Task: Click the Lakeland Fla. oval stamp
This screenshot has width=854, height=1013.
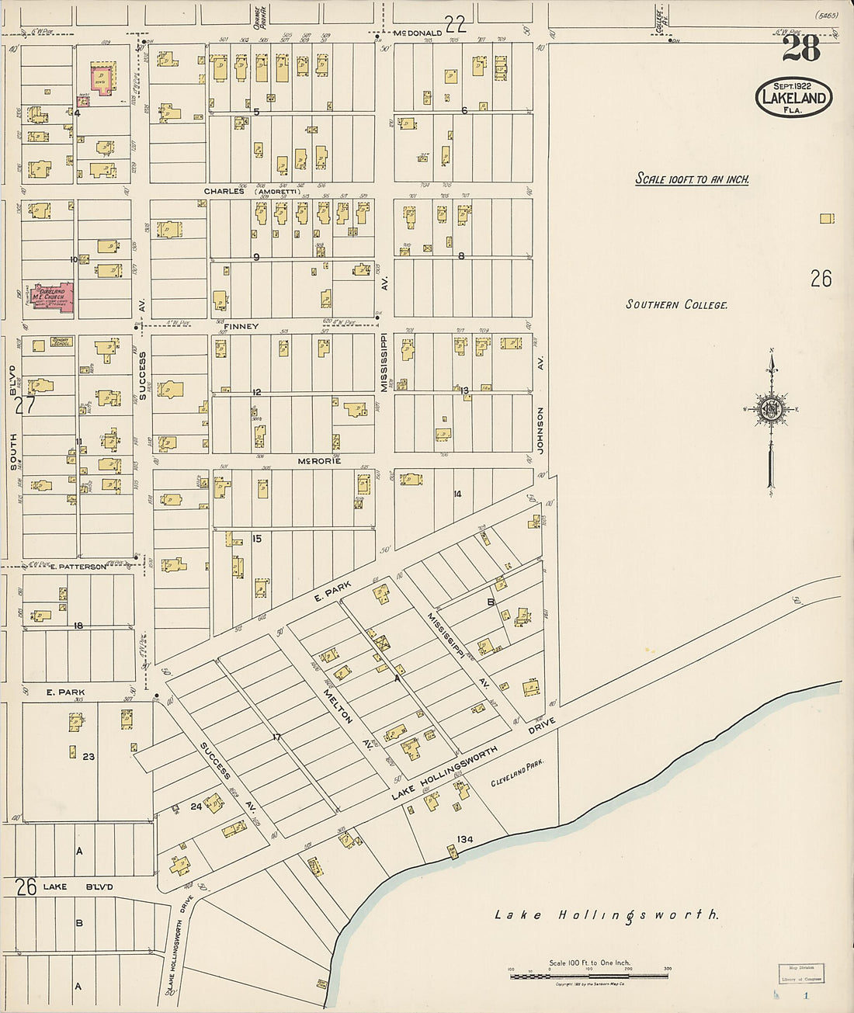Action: point(793,97)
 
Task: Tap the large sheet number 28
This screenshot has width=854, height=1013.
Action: point(800,50)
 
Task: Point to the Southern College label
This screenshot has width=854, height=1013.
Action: point(677,304)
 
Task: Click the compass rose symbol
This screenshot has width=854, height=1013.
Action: point(771,410)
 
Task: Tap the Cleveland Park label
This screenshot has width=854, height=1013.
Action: point(517,774)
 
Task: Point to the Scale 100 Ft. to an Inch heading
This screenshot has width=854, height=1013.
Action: point(693,179)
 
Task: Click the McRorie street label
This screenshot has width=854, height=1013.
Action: point(319,461)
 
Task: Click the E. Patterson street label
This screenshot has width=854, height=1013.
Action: point(78,567)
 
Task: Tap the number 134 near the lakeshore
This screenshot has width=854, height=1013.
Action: point(465,839)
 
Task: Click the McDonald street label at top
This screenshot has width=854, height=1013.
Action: point(418,33)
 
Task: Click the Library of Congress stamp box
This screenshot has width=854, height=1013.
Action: point(800,973)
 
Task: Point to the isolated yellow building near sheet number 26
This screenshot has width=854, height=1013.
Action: point(827,219)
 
